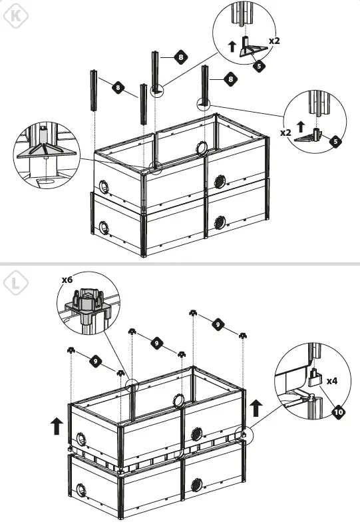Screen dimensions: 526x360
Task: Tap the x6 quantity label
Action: [x=67, y=280]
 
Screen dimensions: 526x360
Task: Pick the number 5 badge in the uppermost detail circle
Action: [x=260, y=66]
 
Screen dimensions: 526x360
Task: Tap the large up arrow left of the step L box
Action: [x=57, y=425]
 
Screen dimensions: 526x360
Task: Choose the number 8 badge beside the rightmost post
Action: [x=231, y=79]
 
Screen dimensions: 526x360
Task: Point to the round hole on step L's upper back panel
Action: [x=178, y=400]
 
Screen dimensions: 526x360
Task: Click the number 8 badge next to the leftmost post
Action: [x=117, y=87]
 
